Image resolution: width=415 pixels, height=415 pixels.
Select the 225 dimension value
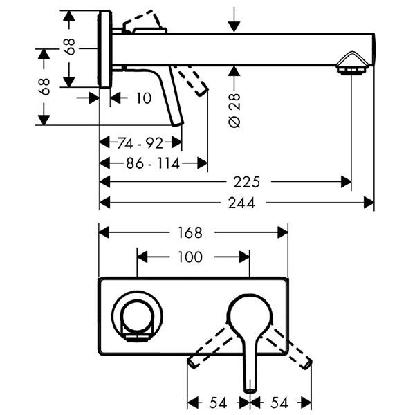point(246,183)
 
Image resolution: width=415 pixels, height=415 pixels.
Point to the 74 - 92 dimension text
point(140,144)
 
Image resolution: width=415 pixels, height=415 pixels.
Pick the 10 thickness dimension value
point(142,98)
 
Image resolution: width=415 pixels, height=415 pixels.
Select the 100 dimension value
point(190,257)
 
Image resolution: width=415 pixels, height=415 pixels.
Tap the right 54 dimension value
point(279,402)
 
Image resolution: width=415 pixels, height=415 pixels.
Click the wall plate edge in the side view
point(104,49)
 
